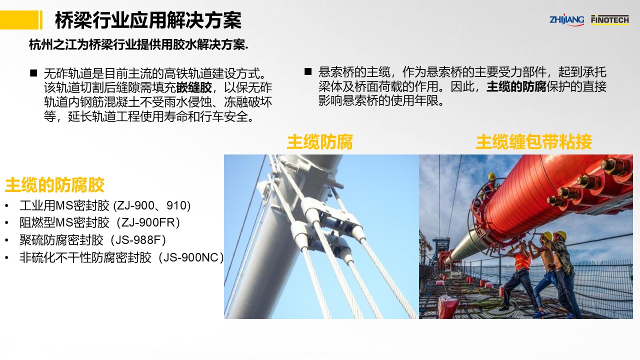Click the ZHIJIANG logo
point(566,20)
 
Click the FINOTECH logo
point(610,19)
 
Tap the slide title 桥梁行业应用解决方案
point(148,20)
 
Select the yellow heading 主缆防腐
point(319,141)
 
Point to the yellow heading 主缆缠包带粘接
point(533,141)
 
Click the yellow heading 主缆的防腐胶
point(54,184)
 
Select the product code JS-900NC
point(189,257)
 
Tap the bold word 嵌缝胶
point(194,87)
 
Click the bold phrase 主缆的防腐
point(516,86)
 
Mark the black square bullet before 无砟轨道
point(33,73)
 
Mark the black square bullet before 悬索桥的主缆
point(308,71)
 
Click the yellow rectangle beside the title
point(19,20)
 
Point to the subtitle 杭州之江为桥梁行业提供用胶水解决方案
point(138,45)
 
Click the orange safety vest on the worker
point(522,261)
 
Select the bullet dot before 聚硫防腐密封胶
point(6,240)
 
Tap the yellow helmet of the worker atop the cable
point(491,175)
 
